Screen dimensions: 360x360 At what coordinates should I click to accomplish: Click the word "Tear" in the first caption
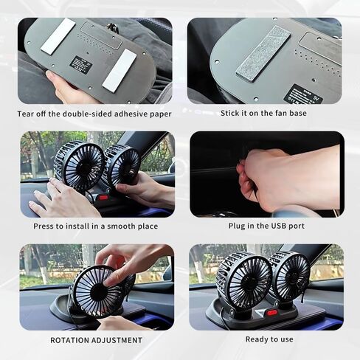[x=26, y=114]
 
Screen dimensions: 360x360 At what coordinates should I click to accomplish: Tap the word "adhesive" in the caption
[x=131, y=114]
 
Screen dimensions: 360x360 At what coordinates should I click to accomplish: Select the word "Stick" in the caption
[x=229, y=113]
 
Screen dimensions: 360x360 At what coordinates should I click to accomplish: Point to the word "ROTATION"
[x=69, y=340]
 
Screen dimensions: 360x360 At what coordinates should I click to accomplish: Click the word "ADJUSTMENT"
[x=117, y=340]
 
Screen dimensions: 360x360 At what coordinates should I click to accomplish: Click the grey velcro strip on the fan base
[x=263, y=54]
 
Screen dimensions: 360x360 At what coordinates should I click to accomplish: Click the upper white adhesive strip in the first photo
[x=58, y=36]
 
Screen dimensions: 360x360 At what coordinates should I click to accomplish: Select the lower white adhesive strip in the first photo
[x=120, y=69]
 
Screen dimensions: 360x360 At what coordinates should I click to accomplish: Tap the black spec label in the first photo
[x=81, y=65]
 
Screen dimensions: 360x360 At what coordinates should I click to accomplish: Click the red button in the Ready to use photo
[x=272, y=313]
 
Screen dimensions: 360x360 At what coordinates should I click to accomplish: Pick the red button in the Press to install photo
[x=103, y=197]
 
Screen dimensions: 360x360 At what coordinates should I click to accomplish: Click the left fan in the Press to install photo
[x=79, y=165]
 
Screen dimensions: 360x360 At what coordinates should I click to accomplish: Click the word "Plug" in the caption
[x=237, y=226]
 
